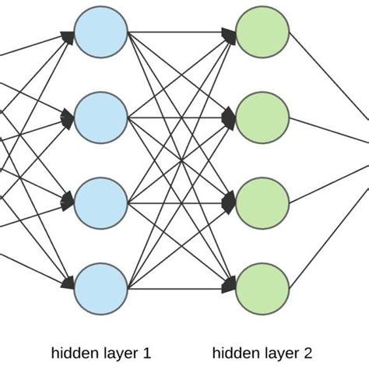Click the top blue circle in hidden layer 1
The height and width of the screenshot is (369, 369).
(101, 33)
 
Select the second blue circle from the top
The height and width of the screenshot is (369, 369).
(101, 118)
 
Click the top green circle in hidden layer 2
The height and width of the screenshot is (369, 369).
(263, 33)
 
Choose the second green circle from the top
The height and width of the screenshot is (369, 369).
(263, 118)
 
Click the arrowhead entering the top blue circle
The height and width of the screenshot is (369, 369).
(69, 34)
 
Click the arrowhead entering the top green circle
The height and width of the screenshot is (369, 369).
(230, 34)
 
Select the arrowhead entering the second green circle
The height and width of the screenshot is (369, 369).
(230, 118)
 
